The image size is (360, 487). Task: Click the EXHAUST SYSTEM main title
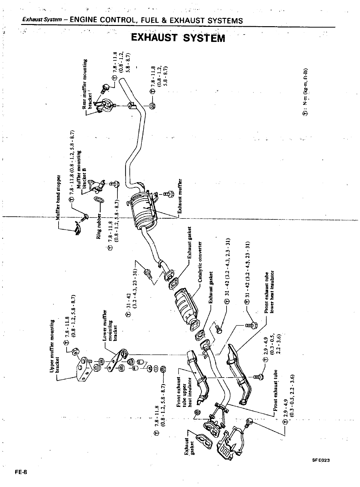pyautogui.click(x=178, y=38)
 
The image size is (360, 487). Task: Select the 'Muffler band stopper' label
pyautogui.click(x=58, y=197)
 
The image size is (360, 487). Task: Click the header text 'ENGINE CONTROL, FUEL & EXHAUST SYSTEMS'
pyautogui.click(x=156, y=21)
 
